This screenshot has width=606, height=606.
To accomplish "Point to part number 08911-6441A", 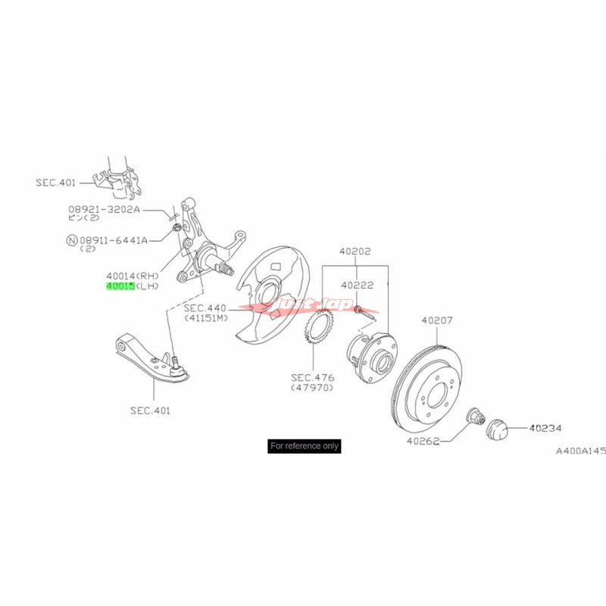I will [117, 239].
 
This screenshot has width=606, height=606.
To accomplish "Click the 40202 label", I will [355, 252].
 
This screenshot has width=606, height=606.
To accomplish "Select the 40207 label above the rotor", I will [437, 320].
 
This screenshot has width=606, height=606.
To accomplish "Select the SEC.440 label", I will [205, 308].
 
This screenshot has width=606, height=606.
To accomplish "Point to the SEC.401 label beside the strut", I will [56, 182].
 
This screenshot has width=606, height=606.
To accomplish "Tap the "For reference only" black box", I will [305, 446].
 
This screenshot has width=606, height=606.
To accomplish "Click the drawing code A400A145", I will [581, 451].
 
